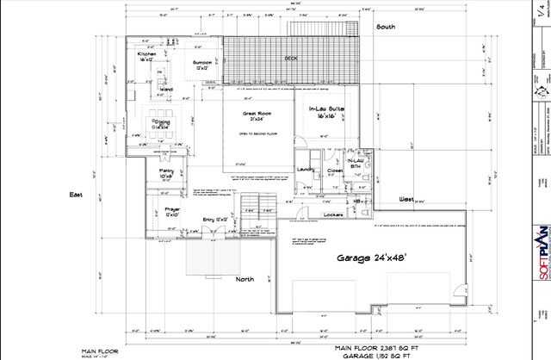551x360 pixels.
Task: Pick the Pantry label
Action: click(167, 172)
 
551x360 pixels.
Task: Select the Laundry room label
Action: click(302, 169)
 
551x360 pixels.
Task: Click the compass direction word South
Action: click(385, 27)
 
